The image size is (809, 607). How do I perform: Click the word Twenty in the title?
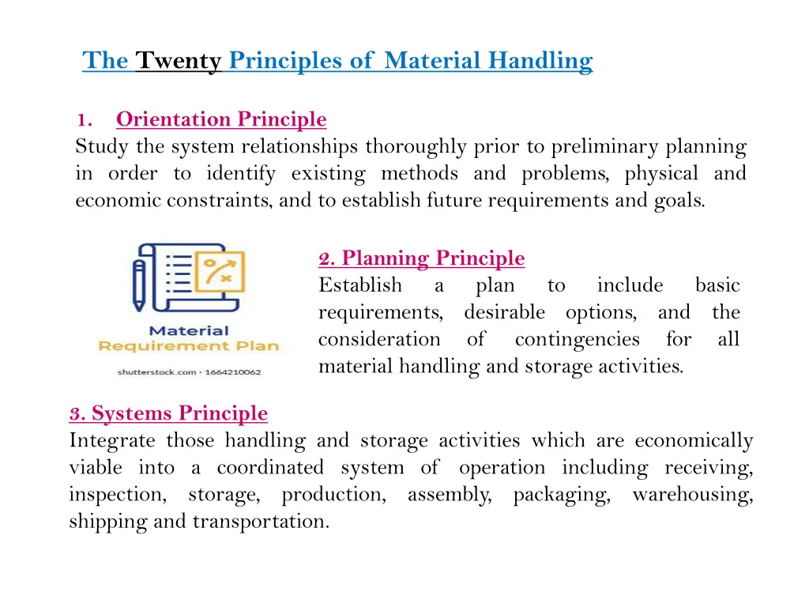(178, 60)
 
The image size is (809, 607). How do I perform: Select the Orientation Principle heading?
(220, 119)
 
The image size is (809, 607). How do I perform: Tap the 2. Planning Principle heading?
(421, 258)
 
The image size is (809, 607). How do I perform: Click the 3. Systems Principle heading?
(168, 413)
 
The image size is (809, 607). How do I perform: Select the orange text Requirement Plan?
(188, 346)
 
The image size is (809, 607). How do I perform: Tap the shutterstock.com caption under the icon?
(189, 371)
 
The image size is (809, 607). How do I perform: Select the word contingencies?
(577, 340)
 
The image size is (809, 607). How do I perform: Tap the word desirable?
(504, 313)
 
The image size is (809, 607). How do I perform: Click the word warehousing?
(692, 495)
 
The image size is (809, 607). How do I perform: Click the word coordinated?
(270, 468)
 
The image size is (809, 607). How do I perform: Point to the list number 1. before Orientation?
(85, 120)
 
